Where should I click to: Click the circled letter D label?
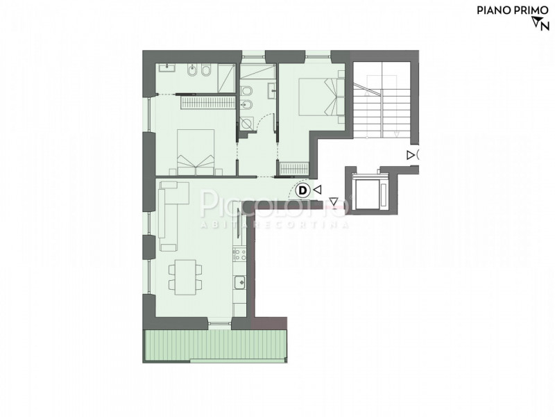(303, 190)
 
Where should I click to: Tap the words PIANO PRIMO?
(513, 10)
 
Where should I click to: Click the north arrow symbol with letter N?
(540, 24)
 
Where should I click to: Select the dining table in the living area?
(185, 277)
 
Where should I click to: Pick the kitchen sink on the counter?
(239, 283)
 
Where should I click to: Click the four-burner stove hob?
(239, 254)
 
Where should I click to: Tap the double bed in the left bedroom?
(196, 152)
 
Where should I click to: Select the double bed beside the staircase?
(321, 97)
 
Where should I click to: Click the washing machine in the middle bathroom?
(246, 124)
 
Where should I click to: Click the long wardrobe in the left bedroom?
(207, 102)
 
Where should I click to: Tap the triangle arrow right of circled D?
(318, 190)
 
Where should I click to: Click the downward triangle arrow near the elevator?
(334, 202)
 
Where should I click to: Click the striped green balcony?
(215, 345)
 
